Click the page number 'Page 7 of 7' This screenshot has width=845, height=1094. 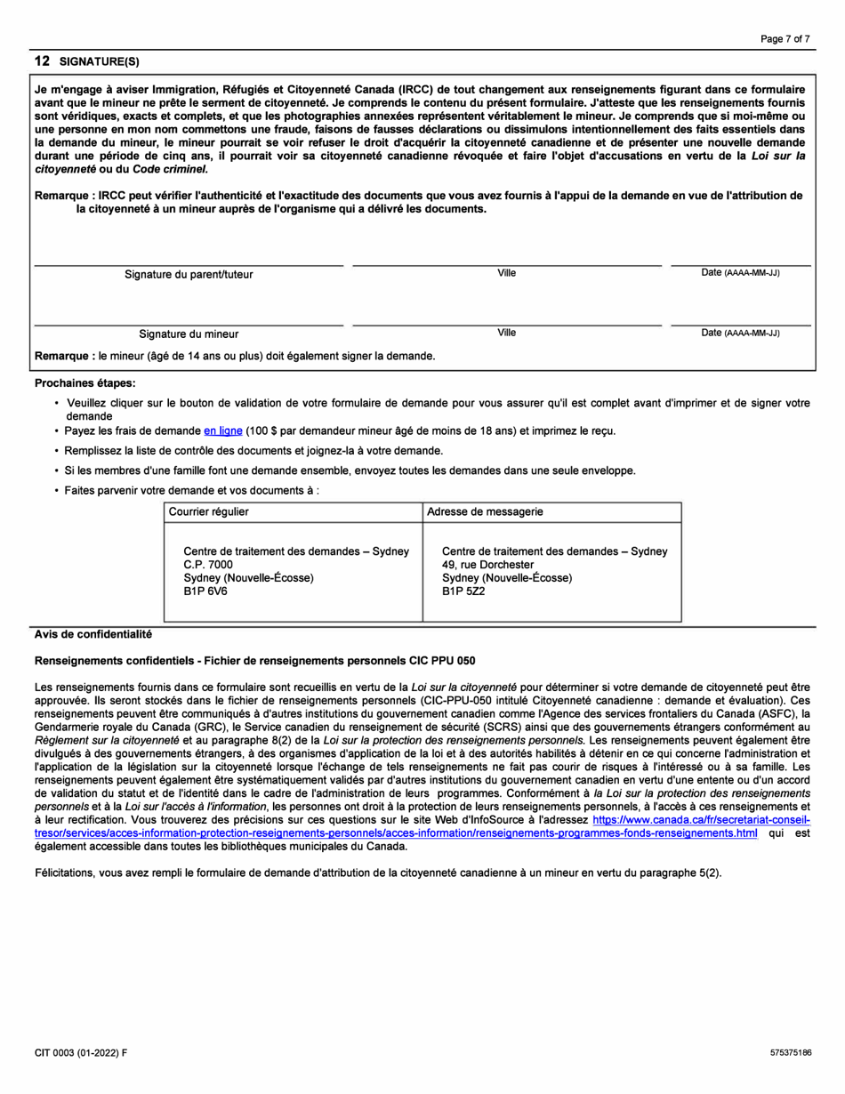(x=785, y=39)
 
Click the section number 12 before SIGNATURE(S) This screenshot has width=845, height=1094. (x=41, y=60)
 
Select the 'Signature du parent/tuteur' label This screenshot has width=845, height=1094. (x=188, y=275)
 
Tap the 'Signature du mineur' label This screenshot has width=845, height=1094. (x=188, y=334)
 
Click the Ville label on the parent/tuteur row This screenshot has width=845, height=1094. (x=506, y=273)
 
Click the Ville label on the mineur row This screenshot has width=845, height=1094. (x=506, y=333)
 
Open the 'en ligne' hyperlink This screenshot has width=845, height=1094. (x=222, y=431)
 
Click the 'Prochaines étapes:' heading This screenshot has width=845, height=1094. (x=84, y=383)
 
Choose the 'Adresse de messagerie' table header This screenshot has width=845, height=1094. (x=486, y=511)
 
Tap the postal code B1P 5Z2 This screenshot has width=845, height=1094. (x=463, y=591)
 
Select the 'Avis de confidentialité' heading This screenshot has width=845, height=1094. (x=93, y=634)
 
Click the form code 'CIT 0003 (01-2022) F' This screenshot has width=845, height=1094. (x=81, y=1052)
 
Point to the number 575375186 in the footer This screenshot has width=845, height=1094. (x=791, y=1052)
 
